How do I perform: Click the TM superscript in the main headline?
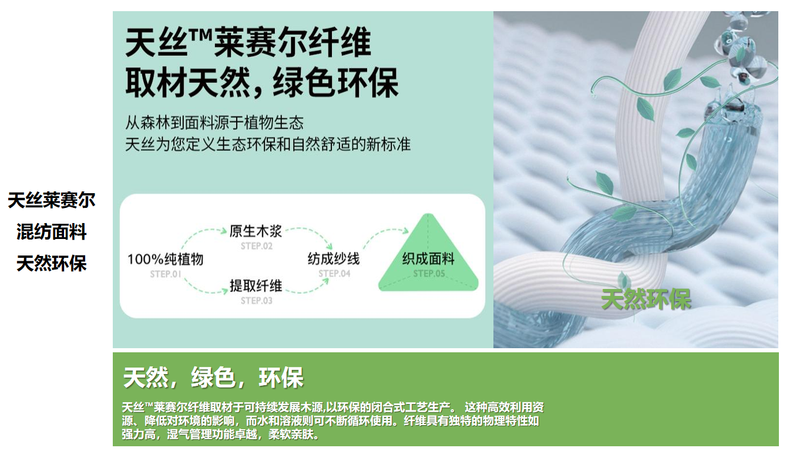(x=200, y=36)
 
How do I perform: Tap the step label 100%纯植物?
(x=165, y=260)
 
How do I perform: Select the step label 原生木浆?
(x=256, y=231)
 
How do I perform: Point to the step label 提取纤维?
(x=256, y=286)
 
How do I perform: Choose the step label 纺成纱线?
(x=334, y=259)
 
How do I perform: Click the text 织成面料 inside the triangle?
(x=428, y=259)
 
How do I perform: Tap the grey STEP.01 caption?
(x=165, y=274)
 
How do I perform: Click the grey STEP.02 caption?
(x=257, y=246)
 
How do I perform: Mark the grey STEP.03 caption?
(x=257, y=301)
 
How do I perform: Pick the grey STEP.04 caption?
(x=334, y=274)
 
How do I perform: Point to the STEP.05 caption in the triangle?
(x=429, y=274)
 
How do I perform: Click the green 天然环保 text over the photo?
(x=646, y=299)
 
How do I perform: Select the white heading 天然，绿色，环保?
(x=213, y=378)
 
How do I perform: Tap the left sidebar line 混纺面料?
(x=52, y=232)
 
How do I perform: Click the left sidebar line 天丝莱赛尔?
(x=52, y=200)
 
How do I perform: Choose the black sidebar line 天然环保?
(x=52, y=264)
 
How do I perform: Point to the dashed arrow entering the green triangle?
(x=384, y=233)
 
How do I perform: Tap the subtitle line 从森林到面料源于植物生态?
(x=214, y=123)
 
